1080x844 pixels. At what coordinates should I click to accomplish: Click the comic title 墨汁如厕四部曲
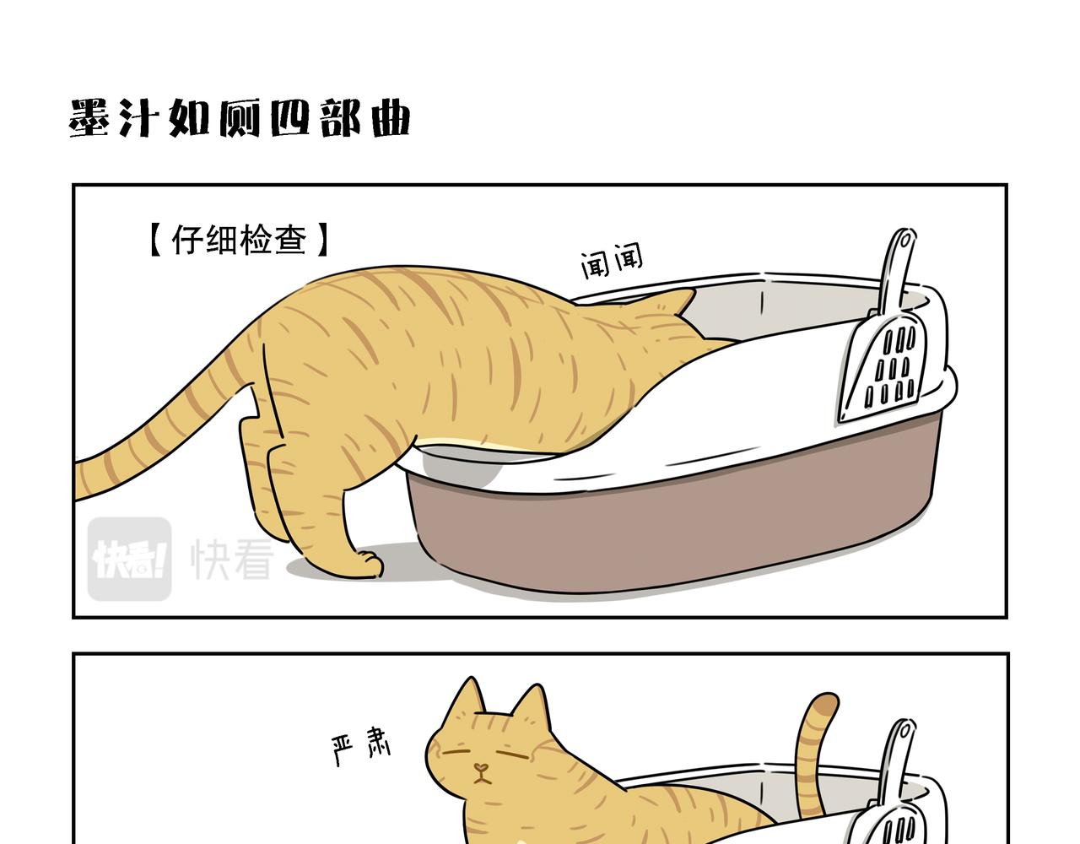coord(240,118)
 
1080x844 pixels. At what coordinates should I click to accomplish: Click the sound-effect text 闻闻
coord(611,261)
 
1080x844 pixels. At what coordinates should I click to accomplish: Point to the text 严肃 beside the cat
coord(361,748)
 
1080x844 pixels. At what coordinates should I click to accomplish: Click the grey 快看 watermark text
coord(232,560)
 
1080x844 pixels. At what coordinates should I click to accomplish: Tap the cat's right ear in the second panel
coord(532,705)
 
